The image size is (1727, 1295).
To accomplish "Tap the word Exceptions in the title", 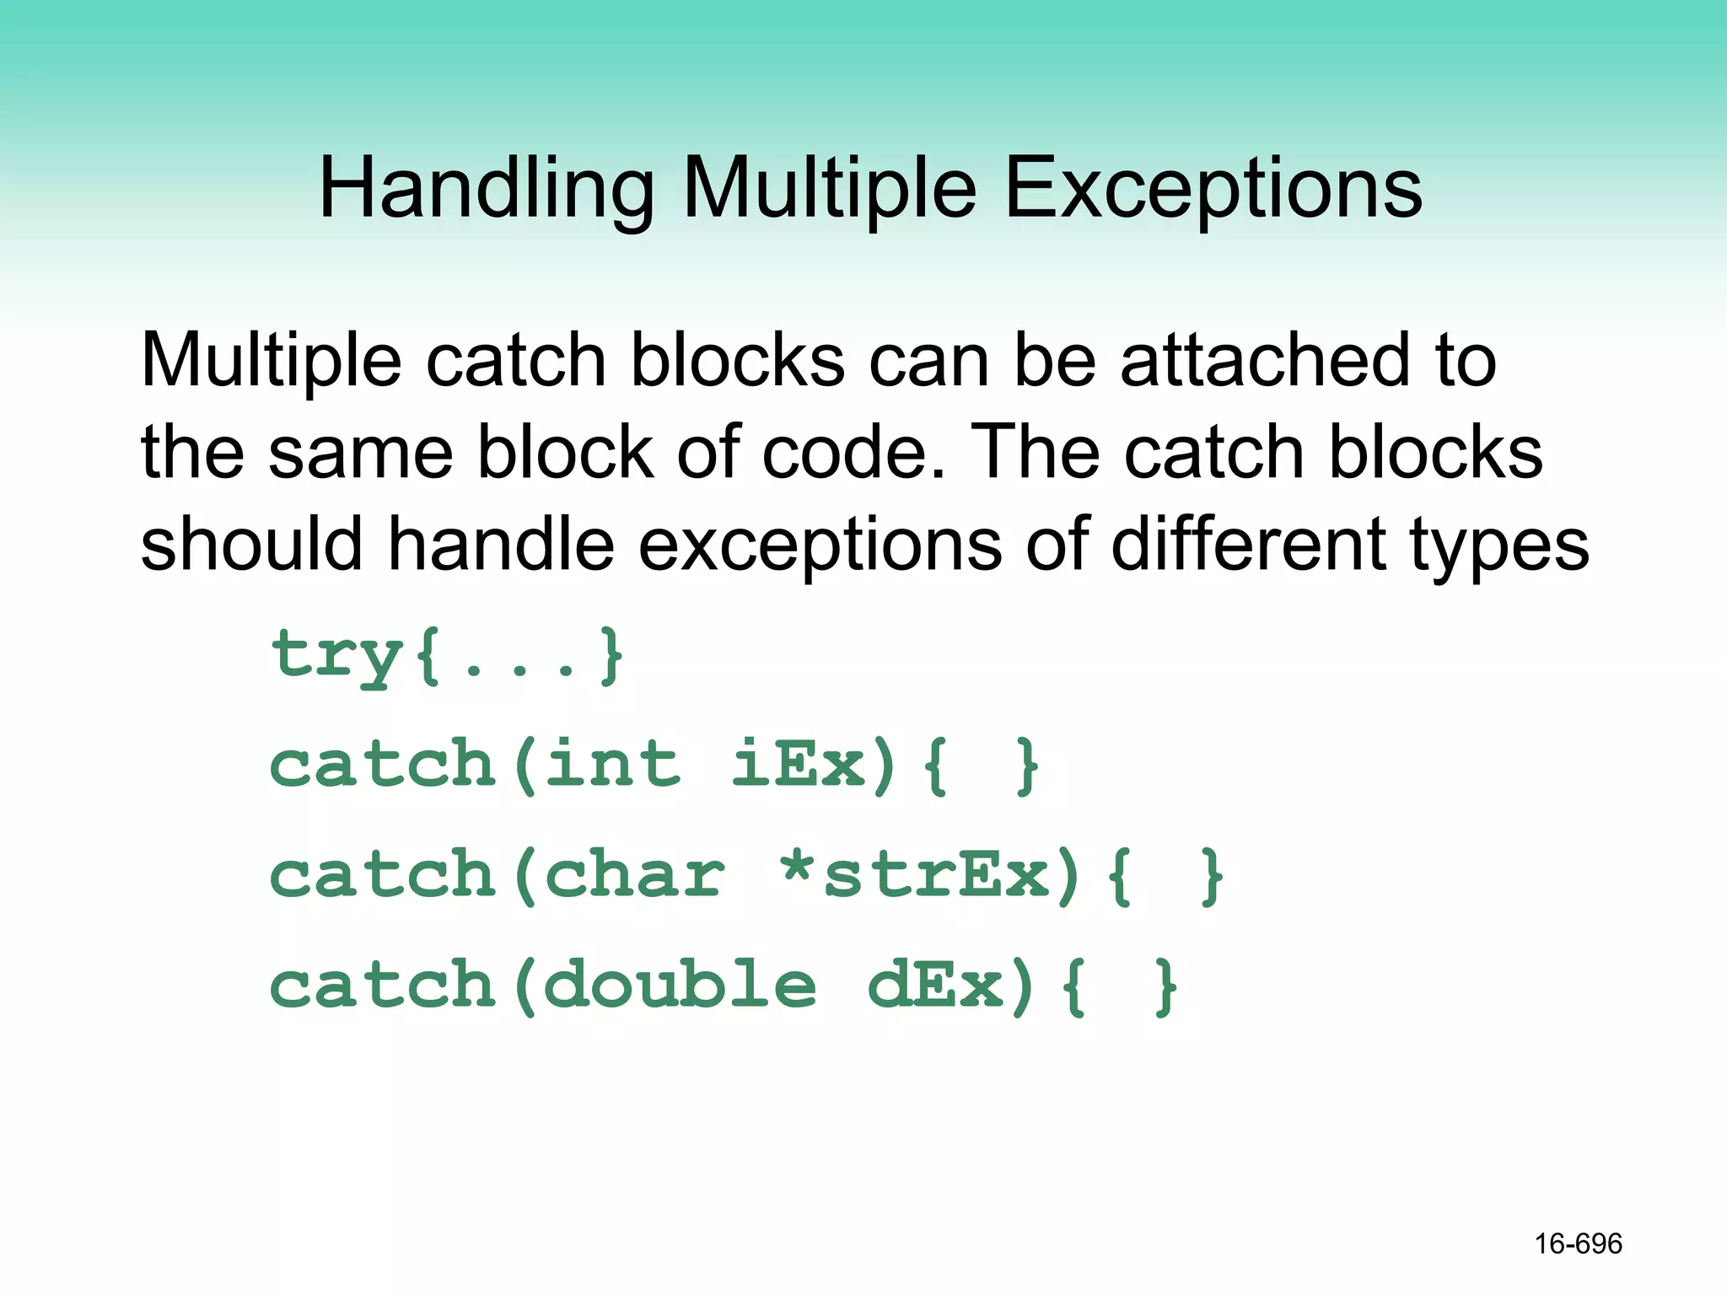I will [1213, 190].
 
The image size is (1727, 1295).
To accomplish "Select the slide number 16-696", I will [1578, 1244].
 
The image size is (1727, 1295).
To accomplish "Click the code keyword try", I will [337, 656].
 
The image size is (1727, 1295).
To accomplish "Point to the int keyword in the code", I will [613, 764].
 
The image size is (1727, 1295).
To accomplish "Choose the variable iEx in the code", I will [799, 764].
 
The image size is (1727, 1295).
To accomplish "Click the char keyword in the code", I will [635, 874].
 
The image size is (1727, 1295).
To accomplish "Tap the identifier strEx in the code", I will [936, 874].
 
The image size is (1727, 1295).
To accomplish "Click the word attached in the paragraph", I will [1265, 361].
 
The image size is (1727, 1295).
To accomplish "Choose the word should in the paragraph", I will [252, 545].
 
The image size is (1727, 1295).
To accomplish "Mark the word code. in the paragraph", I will [853, 453].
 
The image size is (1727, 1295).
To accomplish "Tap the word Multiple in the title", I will [829, 190].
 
